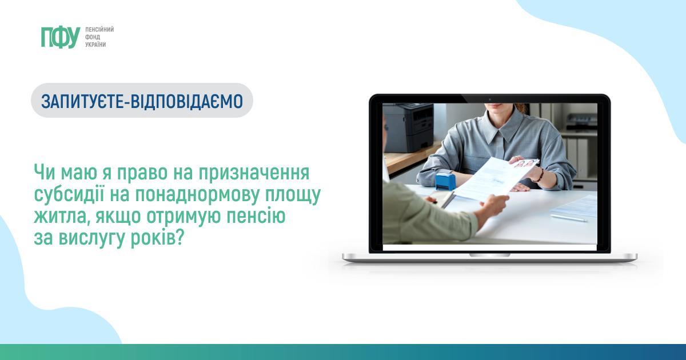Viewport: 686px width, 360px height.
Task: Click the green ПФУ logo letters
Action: point(61,37)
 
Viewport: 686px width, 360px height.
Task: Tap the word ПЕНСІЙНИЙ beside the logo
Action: point(99,30)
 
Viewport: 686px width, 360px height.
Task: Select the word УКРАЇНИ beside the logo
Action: point(95,45)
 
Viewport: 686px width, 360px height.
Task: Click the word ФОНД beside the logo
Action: point(93,37)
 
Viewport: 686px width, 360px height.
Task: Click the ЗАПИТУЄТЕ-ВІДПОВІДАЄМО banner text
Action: point(142,101)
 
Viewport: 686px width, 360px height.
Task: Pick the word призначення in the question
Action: point(254,173)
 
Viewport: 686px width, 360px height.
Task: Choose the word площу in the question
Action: point(293,195)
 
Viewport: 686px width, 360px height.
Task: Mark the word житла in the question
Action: point(62,217)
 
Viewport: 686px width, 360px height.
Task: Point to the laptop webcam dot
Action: point(490,99)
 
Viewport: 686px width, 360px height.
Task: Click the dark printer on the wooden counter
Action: point(409,127)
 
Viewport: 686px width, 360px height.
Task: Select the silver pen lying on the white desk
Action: point(568,218)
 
